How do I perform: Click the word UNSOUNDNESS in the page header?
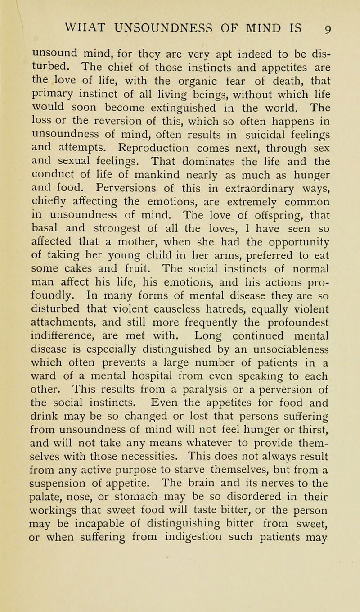175,20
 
